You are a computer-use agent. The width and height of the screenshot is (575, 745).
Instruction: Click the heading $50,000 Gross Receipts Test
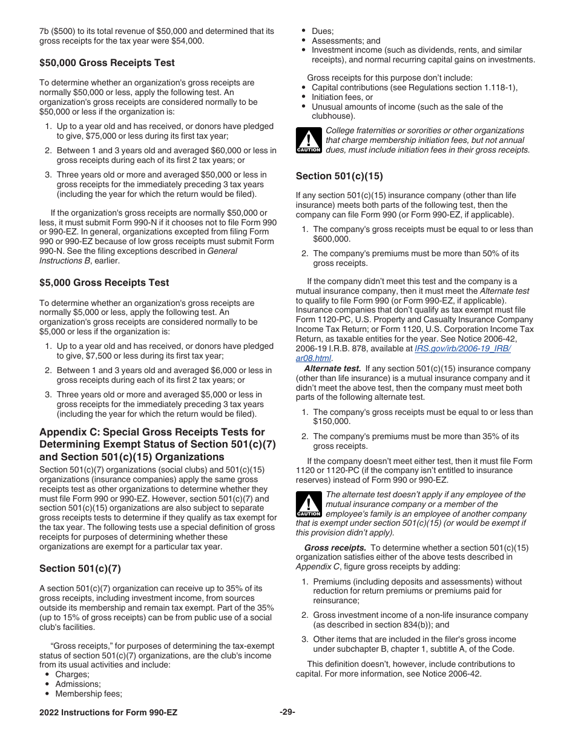(x=107, y=62)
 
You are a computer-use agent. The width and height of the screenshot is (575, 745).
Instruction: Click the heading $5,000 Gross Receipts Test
(x=104, y=283)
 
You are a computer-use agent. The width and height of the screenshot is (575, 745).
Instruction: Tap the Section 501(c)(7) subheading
(x=80, y=568)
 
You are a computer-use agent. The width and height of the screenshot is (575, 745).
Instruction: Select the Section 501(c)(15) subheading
(x=339, y=176)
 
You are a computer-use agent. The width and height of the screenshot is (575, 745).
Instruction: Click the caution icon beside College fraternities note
(x=308, y=141)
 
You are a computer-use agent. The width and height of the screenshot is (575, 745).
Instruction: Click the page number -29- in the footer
(x=287, y=712)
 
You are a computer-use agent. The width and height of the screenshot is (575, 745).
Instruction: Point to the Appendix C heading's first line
(x=152, y=432)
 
